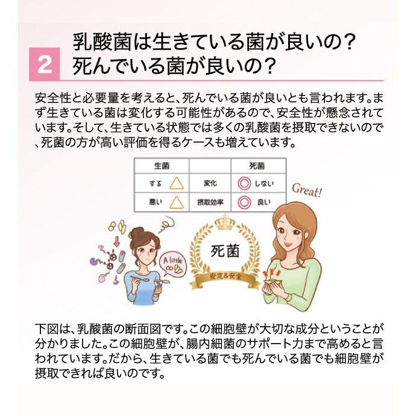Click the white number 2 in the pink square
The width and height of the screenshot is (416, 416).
[45, 65]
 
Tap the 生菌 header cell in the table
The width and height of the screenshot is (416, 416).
[162, 166]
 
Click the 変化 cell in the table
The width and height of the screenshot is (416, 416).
[210, 183]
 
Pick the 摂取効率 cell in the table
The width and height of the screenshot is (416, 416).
[210, 203]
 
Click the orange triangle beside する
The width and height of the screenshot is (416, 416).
[177, 183]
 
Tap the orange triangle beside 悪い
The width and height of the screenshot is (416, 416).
[177, 203]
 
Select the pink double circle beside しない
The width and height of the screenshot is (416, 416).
[244, 184]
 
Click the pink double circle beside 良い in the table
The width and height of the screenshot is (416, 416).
[244, 203]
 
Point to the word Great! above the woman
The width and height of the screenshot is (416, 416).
[307, 191]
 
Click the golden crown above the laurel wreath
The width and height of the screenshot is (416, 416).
[224, 222]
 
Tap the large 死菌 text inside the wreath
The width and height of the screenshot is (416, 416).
[225, 251]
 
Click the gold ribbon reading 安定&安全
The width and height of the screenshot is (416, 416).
[225, 279]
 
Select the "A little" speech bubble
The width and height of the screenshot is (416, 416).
[172, 265]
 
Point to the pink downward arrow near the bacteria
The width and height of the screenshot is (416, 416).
[116, 241]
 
